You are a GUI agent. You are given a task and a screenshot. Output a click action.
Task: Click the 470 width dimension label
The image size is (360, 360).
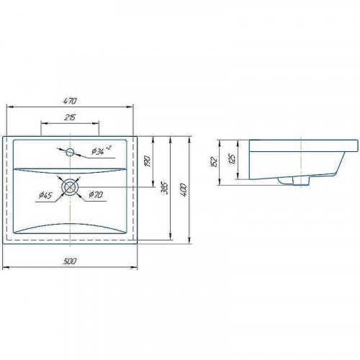(70, 101)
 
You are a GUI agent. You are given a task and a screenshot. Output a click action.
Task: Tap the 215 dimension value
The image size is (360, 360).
(70, 117)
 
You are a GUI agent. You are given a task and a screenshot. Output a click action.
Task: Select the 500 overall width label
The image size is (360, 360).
(70, 261)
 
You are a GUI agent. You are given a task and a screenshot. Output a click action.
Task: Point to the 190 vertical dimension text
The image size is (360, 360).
(147, 161)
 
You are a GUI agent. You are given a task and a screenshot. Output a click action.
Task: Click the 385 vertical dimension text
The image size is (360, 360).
(165, 188)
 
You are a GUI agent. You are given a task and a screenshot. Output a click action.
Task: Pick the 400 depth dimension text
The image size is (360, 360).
(184, 190)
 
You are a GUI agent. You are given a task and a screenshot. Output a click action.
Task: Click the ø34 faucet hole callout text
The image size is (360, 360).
(102, 150)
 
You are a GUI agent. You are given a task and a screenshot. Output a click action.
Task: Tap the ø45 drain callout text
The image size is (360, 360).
(45, 195)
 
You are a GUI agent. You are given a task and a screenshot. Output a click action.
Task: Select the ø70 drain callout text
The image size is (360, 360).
(96, 194)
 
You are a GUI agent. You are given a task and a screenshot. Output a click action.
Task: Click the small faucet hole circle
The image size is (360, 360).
(70, 152)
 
